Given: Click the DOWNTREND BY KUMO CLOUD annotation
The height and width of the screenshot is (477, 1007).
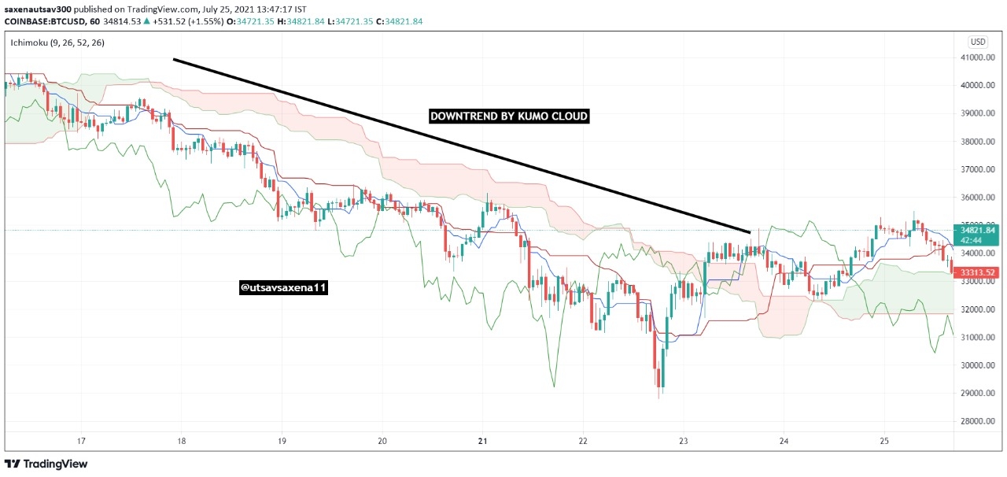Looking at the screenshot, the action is [x=509, y=116].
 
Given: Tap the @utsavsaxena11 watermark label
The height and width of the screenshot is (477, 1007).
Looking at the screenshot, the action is [x=283, y=287].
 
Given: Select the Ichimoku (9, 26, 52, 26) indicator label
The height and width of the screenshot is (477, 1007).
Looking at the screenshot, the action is [x=57, y=43].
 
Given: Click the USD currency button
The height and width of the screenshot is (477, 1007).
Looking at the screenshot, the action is [x=977, y=42].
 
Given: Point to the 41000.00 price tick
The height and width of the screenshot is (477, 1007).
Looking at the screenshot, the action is [x=977, y=57].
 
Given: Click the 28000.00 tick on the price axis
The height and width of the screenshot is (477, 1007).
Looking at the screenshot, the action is [x=977, y=421].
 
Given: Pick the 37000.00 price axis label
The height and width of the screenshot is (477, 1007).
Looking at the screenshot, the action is [x=977, y=169].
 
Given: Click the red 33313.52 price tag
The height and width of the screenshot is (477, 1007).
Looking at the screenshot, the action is [x=977, y=272].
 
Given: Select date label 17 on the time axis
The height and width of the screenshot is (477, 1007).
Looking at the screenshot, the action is [x=81, y=441].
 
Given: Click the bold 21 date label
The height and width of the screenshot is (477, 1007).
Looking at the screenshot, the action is [x=482, y=441].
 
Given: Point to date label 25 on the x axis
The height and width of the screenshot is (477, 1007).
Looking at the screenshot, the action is [x=883, y=441].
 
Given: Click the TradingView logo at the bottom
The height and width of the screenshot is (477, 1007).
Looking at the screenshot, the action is [x=46, y=464].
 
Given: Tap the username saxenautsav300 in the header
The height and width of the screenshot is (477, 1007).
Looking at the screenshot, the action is [x=38, y=9].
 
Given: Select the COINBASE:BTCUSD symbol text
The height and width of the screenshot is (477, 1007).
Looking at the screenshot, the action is [x=43, y=21].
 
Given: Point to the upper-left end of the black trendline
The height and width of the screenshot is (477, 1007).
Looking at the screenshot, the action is [x=175, y=59].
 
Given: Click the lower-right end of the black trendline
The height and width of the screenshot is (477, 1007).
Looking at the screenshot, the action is [x=750, y=232].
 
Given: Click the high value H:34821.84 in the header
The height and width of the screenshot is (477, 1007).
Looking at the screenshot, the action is [x=301, y=21].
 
